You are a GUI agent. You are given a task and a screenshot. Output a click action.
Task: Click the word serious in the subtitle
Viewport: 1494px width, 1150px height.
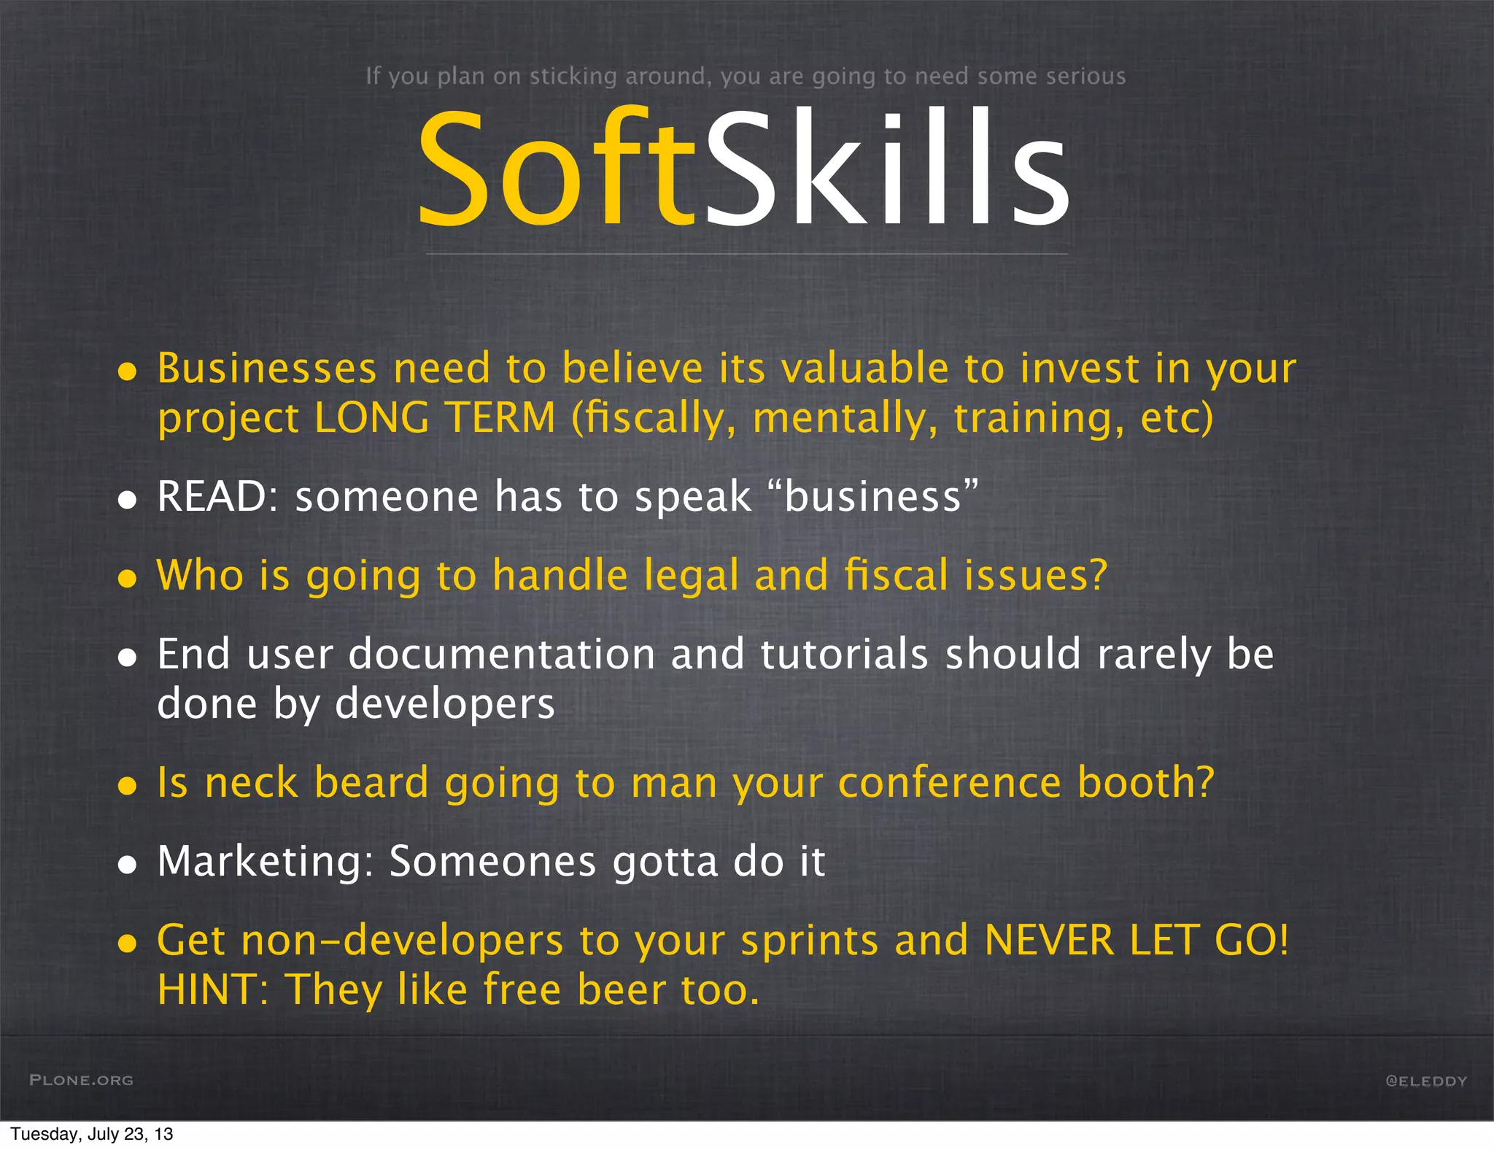(1086, 76)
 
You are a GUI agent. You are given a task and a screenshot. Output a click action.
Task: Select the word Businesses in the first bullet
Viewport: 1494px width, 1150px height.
(267, 368)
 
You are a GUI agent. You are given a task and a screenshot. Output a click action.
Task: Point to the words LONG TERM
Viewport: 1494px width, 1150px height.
(435, 418)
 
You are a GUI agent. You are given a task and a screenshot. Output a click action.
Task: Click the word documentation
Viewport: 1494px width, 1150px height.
(502, 654)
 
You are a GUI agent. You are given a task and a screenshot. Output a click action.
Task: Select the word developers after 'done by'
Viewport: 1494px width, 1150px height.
(444, 704)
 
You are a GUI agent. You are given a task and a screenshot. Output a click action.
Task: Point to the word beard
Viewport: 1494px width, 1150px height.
(371, 782)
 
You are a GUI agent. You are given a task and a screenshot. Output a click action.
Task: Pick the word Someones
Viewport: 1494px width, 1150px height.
(493, 861)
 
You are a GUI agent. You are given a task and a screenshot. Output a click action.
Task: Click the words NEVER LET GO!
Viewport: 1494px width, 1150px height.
(1137, 940)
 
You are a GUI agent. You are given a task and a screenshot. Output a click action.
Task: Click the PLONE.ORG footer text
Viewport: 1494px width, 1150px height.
(82, 1080)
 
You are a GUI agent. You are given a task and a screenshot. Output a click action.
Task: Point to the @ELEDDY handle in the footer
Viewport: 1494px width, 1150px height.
(1425, 1081)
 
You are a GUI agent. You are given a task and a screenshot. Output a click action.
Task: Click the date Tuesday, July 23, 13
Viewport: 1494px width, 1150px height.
(92, 1134)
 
